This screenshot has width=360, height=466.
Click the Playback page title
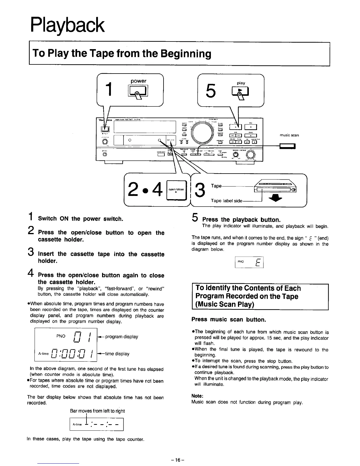(x=67, y=26)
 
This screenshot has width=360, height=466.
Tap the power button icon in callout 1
(x=137, y=91)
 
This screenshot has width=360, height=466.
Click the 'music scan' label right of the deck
(x=289, y=135)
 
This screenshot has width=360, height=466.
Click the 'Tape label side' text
(x=226, y=201)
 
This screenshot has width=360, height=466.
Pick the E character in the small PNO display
(x=257, y=262)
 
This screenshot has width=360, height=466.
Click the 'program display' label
(x=121, y=337)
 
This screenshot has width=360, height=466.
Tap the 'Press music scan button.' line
(x=229, y=319)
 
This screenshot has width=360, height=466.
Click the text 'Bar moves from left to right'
(x=97, y=411)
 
